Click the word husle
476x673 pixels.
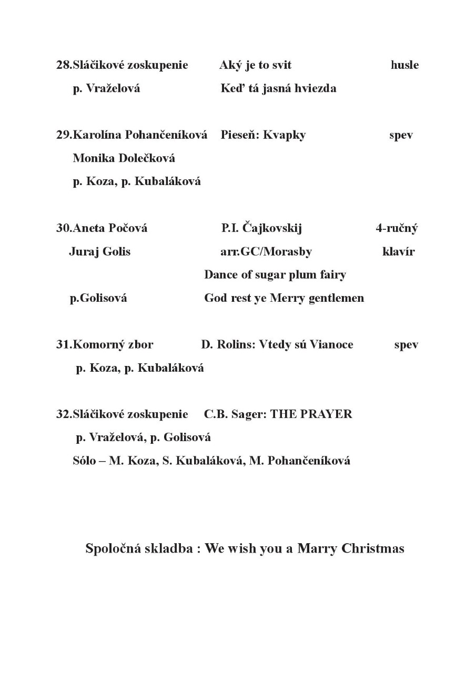click(404, 65)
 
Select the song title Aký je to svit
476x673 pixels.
click(255, 65)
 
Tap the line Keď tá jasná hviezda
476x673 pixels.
click(278, 88)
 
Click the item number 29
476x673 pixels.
click(63, 135)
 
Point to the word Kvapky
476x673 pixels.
click(284, 135)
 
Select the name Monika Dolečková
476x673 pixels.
click(124, 158)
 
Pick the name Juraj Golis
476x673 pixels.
click(99, 251)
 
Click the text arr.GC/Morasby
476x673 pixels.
click(266, 251)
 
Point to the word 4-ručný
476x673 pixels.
click(397, 228)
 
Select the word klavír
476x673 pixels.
click(398, 251)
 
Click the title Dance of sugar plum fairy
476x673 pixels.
click(275, 274)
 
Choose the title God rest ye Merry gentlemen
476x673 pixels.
click(284, 298)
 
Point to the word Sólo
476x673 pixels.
click(84, 461)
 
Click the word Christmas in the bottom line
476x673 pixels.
click(373, 548)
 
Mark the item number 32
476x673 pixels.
click(63, 414)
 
